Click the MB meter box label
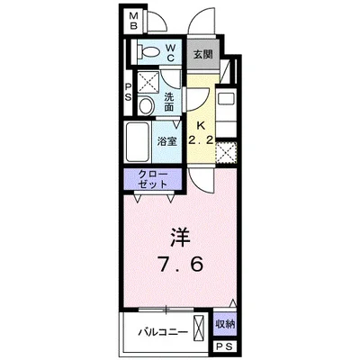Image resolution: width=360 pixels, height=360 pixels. point(133,21)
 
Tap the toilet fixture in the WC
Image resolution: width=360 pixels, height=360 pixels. point(148,52)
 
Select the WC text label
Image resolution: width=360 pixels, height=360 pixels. point(170,52)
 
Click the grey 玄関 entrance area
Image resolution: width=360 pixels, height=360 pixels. point(202,54)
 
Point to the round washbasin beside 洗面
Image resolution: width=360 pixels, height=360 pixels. point(146,105)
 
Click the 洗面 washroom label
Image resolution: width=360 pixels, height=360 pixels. point(169,102)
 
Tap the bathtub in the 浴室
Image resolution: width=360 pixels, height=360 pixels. point(138,142)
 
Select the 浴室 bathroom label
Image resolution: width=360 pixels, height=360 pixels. point(166,142)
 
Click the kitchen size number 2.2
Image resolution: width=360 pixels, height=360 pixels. point(201,139)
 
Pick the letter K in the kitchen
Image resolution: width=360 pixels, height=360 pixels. point(201,126)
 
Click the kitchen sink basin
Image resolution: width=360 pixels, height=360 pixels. point(226,99)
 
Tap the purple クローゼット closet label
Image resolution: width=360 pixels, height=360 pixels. point(152,179)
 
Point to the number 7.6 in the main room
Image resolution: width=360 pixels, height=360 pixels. point(181,265)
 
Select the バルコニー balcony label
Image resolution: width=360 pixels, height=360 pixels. point(163,332)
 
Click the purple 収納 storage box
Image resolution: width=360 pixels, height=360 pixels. point(225,324)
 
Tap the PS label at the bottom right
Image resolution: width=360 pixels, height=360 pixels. point(225,347)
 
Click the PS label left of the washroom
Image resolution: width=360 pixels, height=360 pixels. point(128,93)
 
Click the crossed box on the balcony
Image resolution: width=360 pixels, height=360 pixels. point(199,327)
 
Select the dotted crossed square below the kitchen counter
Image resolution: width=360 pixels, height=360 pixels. point(227,153)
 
